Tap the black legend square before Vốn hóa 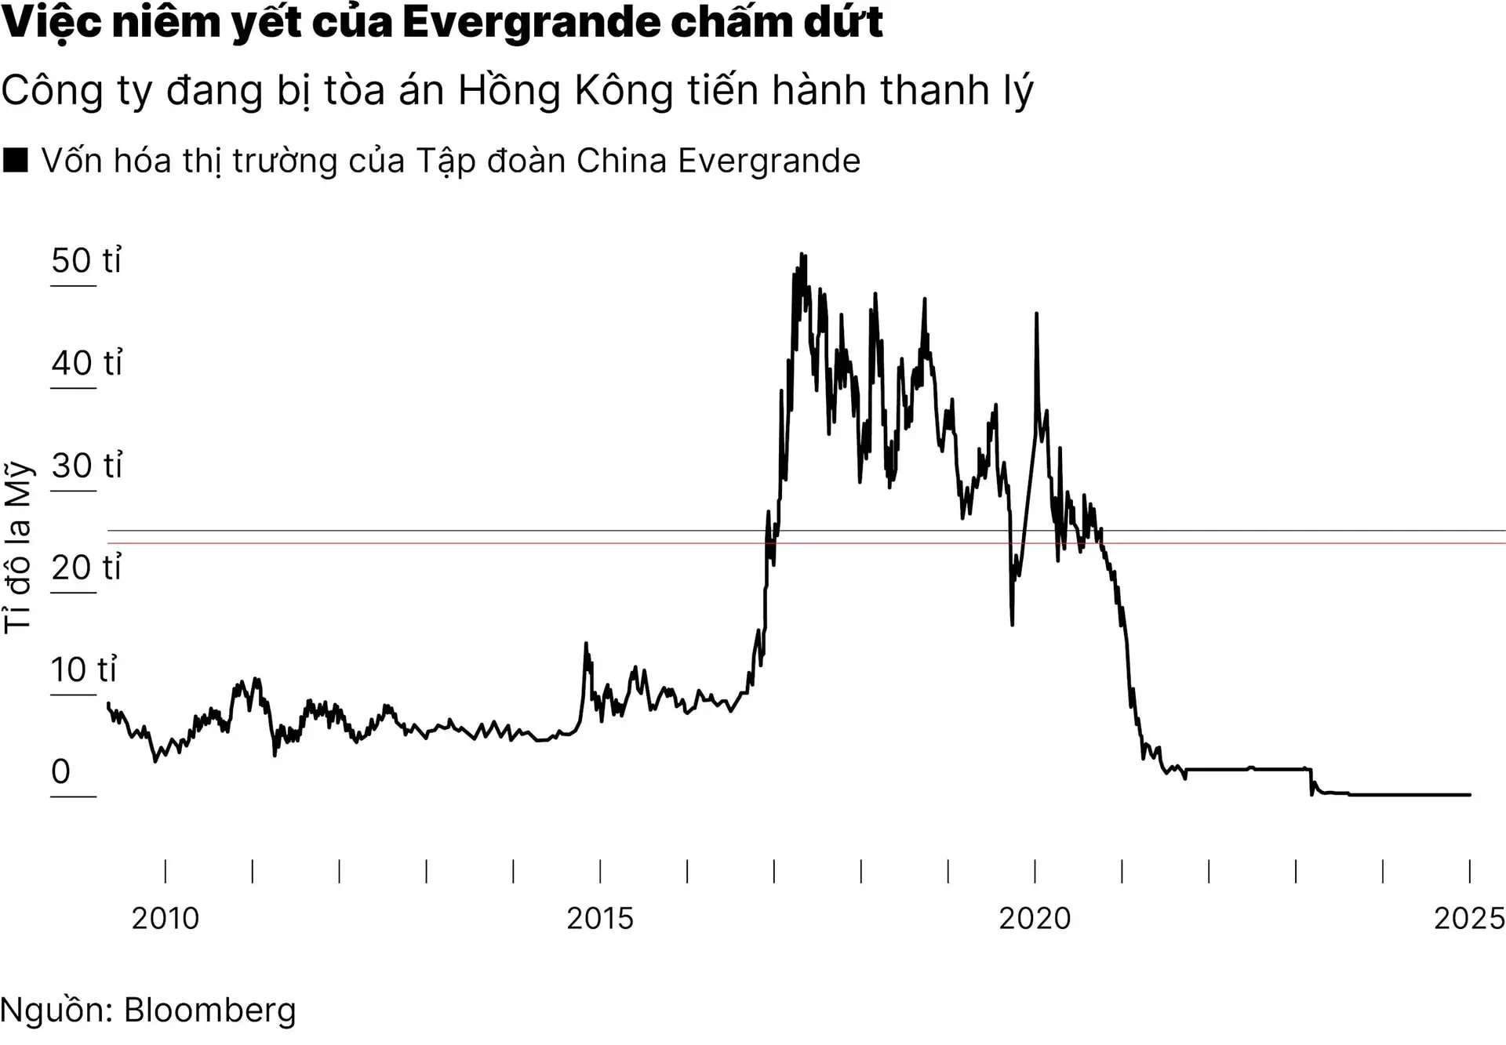(15, 160)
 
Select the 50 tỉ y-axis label (86, 261)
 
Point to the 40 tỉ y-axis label (87, 363)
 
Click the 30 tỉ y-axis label (87, 466)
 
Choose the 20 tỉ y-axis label (86, 568)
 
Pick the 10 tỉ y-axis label (84, 670)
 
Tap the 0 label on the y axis (60, 772)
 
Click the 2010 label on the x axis (166, 919)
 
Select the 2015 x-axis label (600, 919)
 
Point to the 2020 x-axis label (1035, 919)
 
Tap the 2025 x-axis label (1468, 919)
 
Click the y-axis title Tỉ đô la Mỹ (17, 547)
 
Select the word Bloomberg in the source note (210, 1011)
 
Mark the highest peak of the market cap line (801, 255)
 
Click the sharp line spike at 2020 (1037, 314)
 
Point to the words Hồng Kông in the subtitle (565, 91)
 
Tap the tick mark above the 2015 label (600, 871)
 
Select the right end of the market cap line (1469, 795)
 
